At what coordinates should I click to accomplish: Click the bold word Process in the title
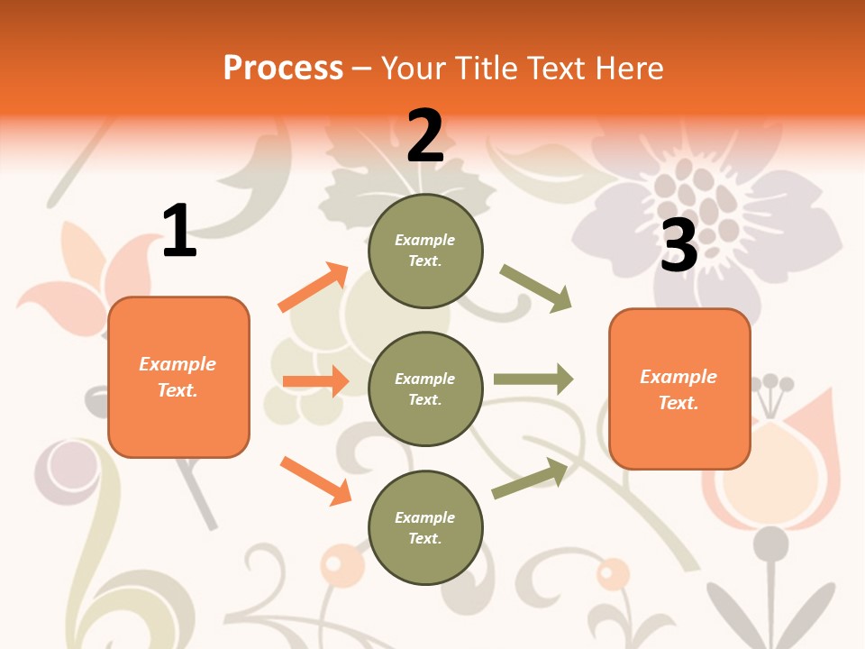tap(283, 68)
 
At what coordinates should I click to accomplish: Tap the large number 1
tap(179, 231)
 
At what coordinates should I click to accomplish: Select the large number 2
tap(425, 136)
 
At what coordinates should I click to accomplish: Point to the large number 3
tap(679, 246)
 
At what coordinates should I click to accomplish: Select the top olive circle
tap(425, 251)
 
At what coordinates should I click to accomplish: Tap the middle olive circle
tap(425, 388)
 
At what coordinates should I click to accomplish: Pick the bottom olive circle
tap(425, 527)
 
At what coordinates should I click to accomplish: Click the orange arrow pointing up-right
tap(314, 288)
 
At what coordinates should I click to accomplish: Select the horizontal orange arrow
tap(315, 381)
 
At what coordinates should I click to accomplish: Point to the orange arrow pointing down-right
tap(315, 480)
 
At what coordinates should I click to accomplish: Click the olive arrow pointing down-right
tap(536, 288)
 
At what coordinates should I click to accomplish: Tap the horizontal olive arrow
tap(533, 379)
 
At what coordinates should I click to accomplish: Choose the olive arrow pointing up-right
tap(530, 478)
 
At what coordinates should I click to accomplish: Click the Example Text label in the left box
tap(178, 377)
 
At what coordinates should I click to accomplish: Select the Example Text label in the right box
tap(678, 389)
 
